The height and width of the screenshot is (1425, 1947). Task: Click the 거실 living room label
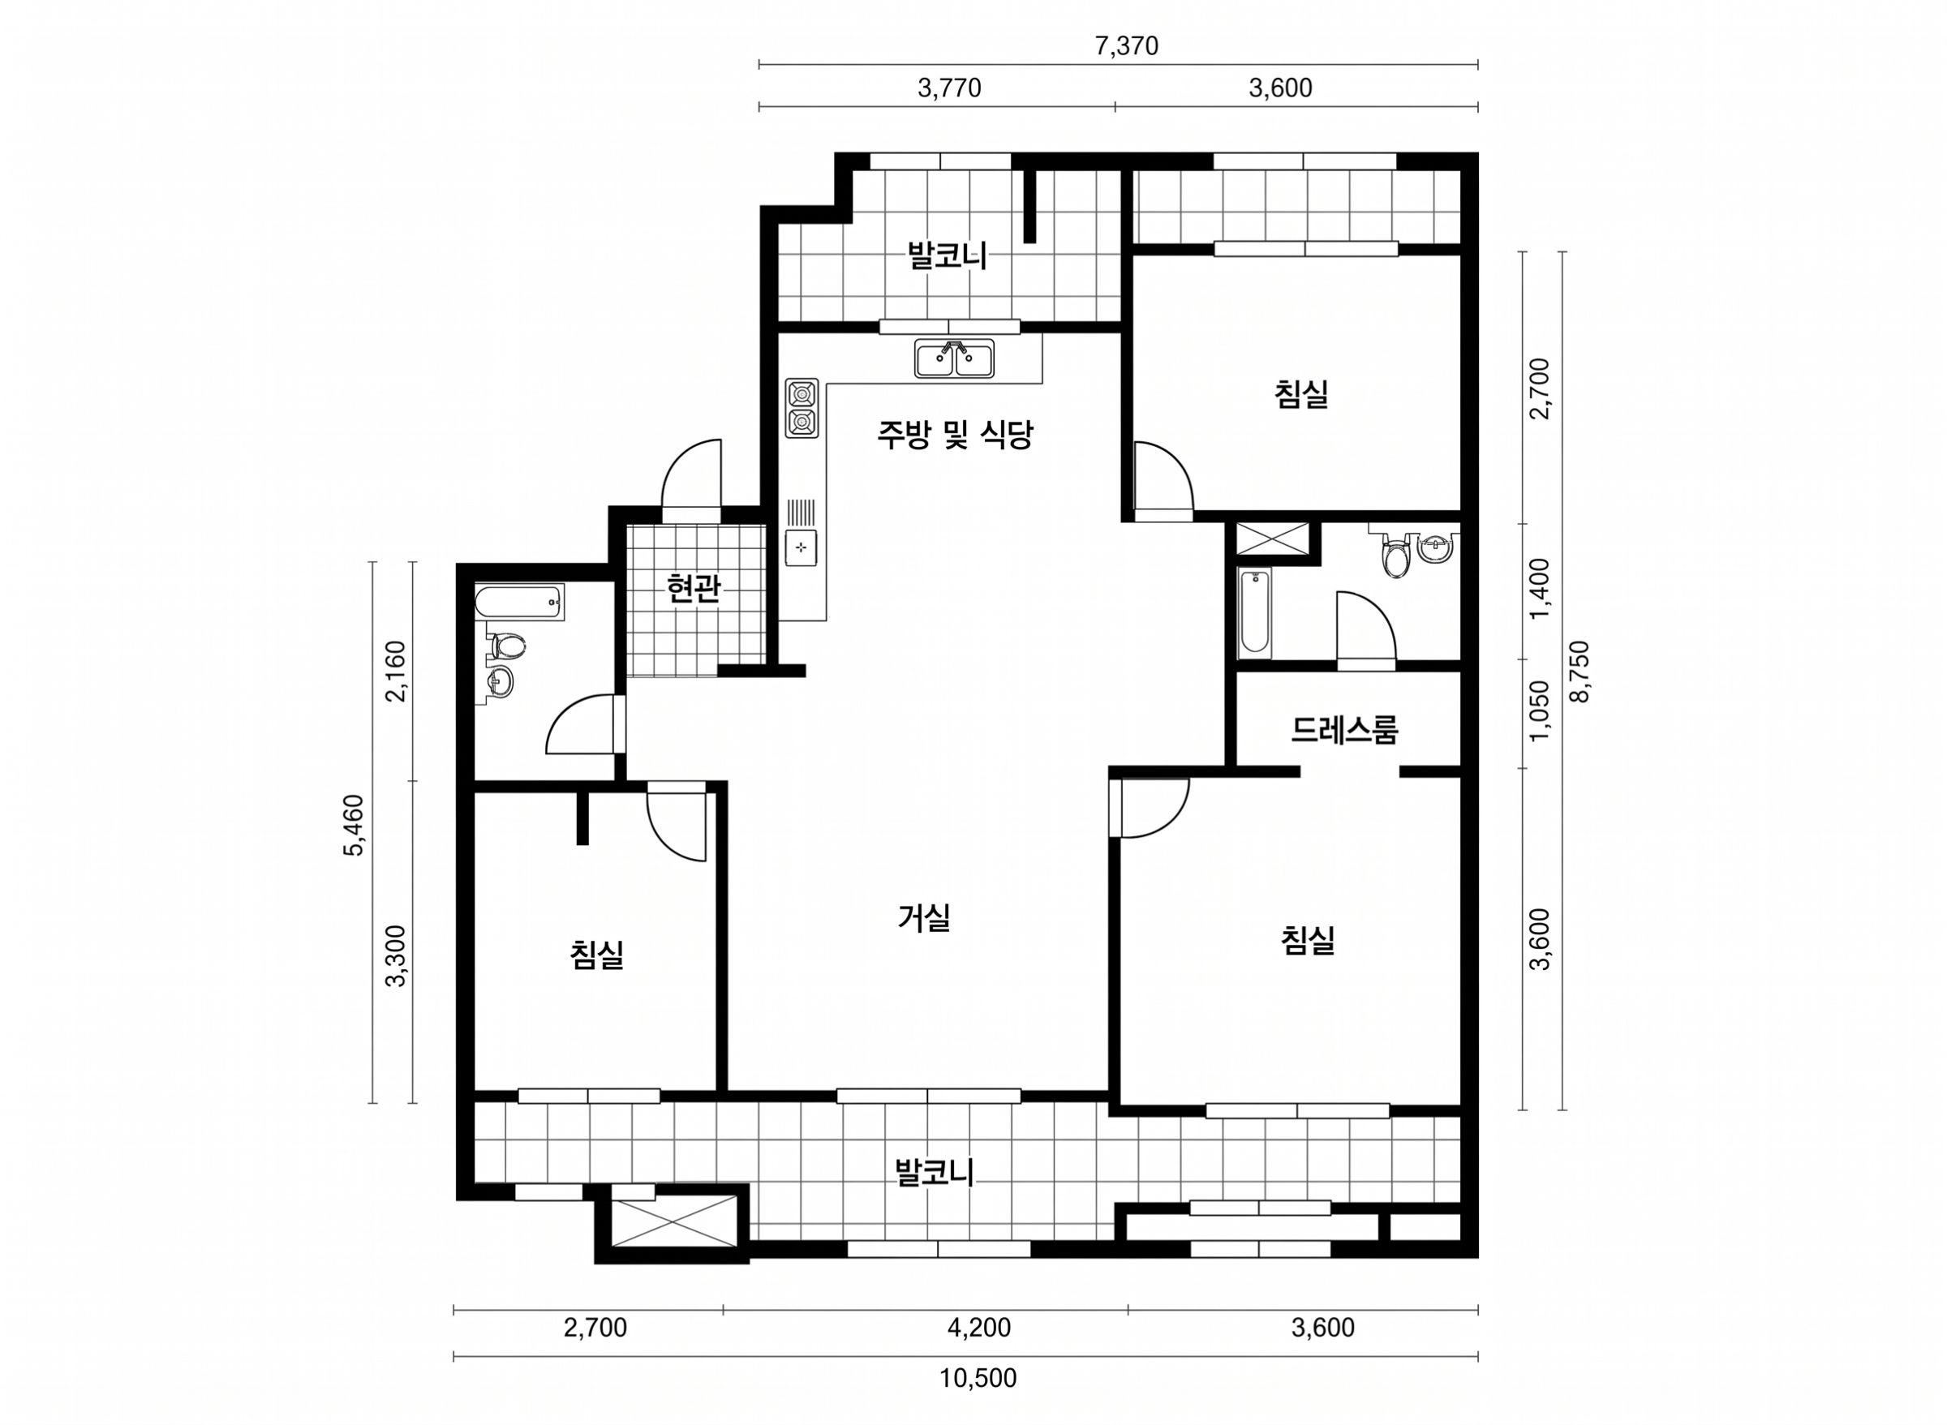(x=924, y=917)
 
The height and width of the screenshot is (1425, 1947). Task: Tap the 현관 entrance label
(x=694, y=589)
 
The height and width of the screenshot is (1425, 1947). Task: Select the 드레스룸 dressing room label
(x=1344, y=731)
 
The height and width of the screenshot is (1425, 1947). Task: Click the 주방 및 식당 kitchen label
(x=955, y=436)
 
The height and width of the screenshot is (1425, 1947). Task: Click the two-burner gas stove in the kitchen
(x=802, y=407)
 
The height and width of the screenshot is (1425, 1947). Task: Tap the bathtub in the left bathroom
(x=519, y=601)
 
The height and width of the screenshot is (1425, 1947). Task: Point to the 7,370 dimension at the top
(x=1126, y=46)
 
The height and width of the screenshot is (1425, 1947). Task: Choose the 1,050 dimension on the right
(x=1540, y=710)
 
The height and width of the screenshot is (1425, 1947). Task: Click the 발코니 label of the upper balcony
(x=947, y=256)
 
